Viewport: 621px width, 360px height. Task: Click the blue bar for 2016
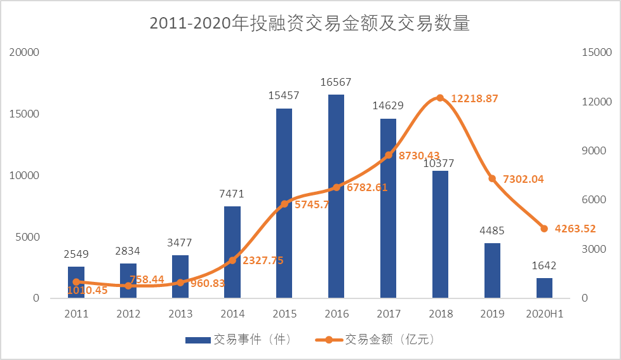tap(336, 196)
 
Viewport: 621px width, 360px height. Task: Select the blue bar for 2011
tap(76, 283)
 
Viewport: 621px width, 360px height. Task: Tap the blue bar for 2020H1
tap(544, 288)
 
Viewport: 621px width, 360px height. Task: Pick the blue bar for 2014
tap(232, 252)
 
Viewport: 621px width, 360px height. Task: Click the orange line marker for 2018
tap(440, 98)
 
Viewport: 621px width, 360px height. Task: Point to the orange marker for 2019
tap(492, 179)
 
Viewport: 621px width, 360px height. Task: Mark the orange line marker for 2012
tap(128, 286)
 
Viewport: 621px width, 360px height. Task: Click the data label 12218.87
tap(474, 99)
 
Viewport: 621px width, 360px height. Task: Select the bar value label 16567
tap(336, 83)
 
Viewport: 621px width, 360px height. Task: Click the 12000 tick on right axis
tap(596, 102)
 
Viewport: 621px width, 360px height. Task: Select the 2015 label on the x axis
tap(284, 314)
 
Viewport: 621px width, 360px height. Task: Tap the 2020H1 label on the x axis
tap(544, 314)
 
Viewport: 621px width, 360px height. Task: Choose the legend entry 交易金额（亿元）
tap(375, 340)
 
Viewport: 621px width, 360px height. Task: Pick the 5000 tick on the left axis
tap(28, 237)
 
